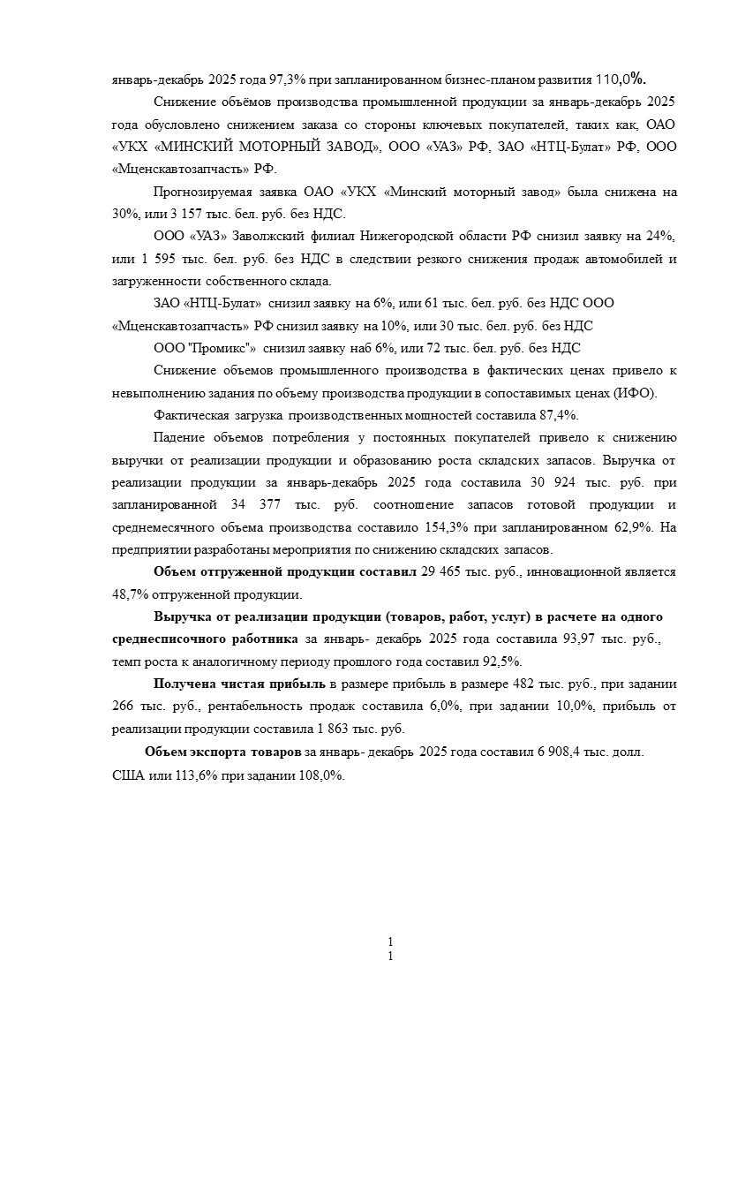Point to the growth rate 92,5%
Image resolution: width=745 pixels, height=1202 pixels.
coord(502,661)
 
